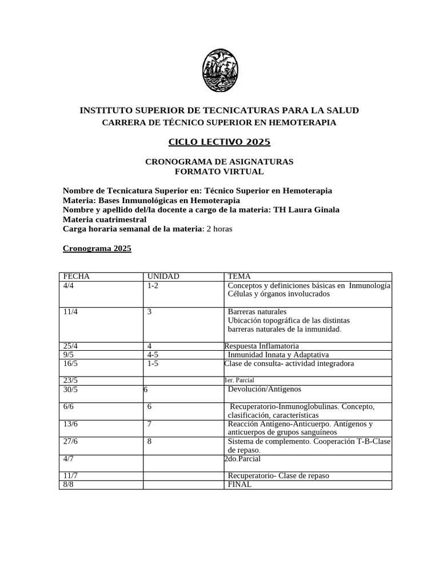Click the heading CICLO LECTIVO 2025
click(x=219, y=142)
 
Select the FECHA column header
click(x=77, y=276)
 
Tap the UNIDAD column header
click(x=163, y=276)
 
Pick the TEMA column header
click(x=239, y=276)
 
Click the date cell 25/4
click(x=71, y=346)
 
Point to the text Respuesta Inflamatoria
click(x=261, y=346)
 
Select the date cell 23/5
click(x=71, y=381)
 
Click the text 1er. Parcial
click(x=239, y=381)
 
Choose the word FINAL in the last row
click(x=240, y=484)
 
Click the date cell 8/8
click(x=69, y=484)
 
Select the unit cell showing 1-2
click(x=152, y=285)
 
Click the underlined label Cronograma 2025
click(x=97, y=248)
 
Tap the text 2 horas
click(x=219, y=229)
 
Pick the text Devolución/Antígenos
click(x=264, y=390)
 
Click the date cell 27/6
click(x=71, y=441)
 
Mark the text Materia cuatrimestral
click(x=104, y=219)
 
